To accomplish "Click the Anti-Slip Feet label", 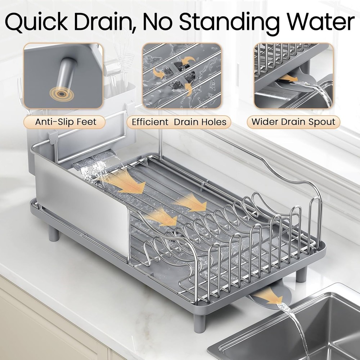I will [x=66, y=122].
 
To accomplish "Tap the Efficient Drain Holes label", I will [x=179, y=122].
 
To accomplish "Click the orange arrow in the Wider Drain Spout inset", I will [x=288, y=78].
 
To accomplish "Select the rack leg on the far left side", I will [x=53, y=233].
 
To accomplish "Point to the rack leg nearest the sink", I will [x=301, y=274].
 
